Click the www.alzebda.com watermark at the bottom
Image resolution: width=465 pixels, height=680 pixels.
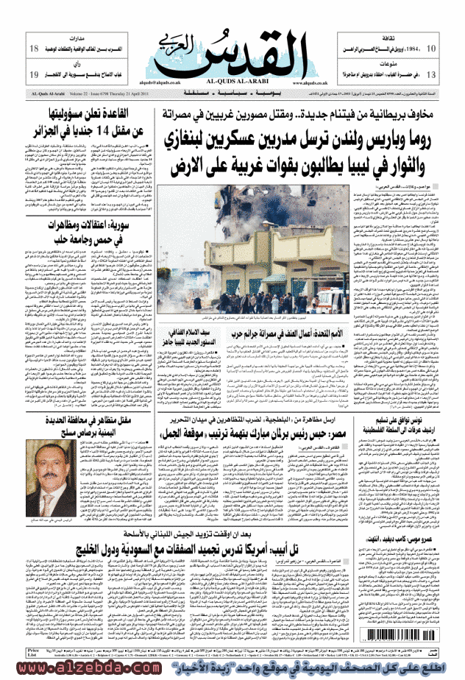pyautogui.click(x=58, y=670)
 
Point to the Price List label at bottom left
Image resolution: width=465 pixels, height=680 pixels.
pyautogui.click(x=33, y=652)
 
